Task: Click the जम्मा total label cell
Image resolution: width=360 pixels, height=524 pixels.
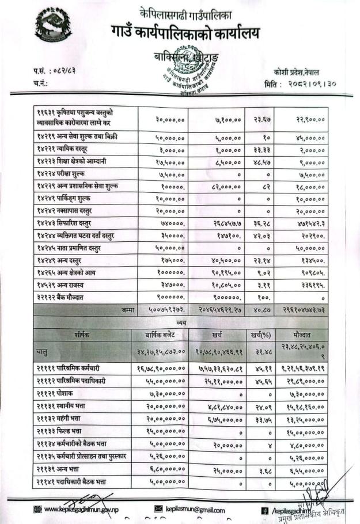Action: click(x=128, y=309)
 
